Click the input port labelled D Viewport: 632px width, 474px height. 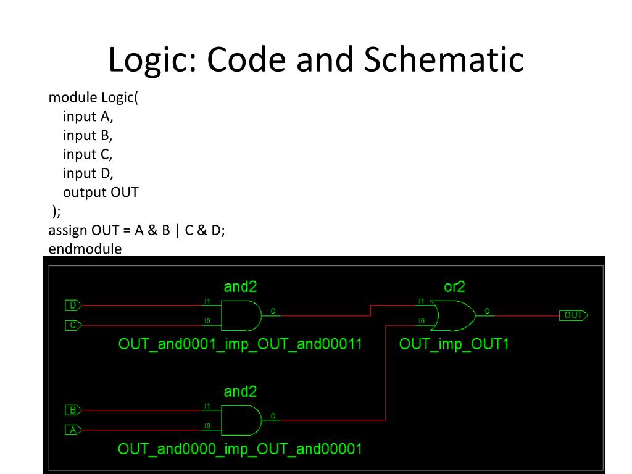click(x=73, y=305)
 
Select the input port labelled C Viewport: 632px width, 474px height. click(x=73, y=325)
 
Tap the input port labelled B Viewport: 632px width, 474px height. click(x=73, y=410)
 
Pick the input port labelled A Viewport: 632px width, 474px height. click(x=73, y=430)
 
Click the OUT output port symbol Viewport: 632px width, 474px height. click(x=573, y=315)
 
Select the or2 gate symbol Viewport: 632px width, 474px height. click(x=454, y=315)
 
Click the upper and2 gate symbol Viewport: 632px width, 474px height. click(x=241, y=315)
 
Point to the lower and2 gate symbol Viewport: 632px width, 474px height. click(x=241, y=420)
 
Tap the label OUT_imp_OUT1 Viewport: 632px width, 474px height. click(x=454, y=344)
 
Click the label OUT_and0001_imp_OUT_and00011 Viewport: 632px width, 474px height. click(x=240, y=344)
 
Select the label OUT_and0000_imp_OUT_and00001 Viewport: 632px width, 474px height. click(x=240, y=449)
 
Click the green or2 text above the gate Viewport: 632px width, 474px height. click(x=454, y=286)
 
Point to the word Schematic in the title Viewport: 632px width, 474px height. click(x=444, y=60)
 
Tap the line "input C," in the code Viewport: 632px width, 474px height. click(x=88, y=154)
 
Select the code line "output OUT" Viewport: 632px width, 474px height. click(x=101, y=192)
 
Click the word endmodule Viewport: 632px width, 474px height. click(x=85, y=249)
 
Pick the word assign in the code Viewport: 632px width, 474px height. click(x=68, y=230)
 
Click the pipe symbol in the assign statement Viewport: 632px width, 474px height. click(x=178, y=230)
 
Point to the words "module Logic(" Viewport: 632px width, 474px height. click(x=93, y=98)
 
